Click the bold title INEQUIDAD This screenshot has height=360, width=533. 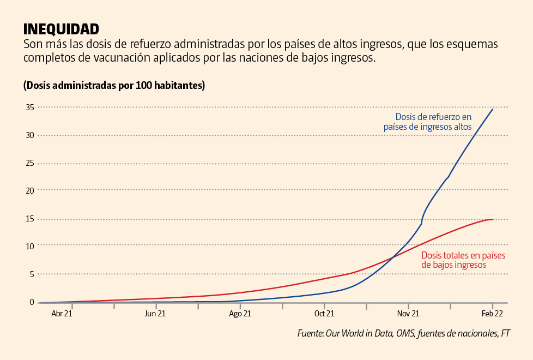(61, 29)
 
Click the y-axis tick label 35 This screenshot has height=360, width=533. (29, 107)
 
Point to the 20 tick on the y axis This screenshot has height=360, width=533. (29, 190)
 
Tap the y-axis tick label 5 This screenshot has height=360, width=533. (32, 274)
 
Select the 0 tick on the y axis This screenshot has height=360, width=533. (32, 302)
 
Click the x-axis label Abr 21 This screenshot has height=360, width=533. (62, 314)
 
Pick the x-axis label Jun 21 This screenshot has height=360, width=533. (155, 314)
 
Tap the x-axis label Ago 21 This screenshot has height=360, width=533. (240, 314)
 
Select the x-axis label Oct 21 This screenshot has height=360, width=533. (324, 314)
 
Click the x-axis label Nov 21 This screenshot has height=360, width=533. (408, 314)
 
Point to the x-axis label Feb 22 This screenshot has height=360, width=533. (492, 314)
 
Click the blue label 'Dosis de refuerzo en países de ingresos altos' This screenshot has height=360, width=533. (428, 122)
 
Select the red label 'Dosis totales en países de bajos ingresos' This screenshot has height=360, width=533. (463, 260)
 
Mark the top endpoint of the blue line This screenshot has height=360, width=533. (493, 109)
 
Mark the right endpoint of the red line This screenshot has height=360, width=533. (493, 219)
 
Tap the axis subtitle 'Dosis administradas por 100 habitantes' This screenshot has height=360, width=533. (114, 86)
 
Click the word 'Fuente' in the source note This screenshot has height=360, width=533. (310, 333)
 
